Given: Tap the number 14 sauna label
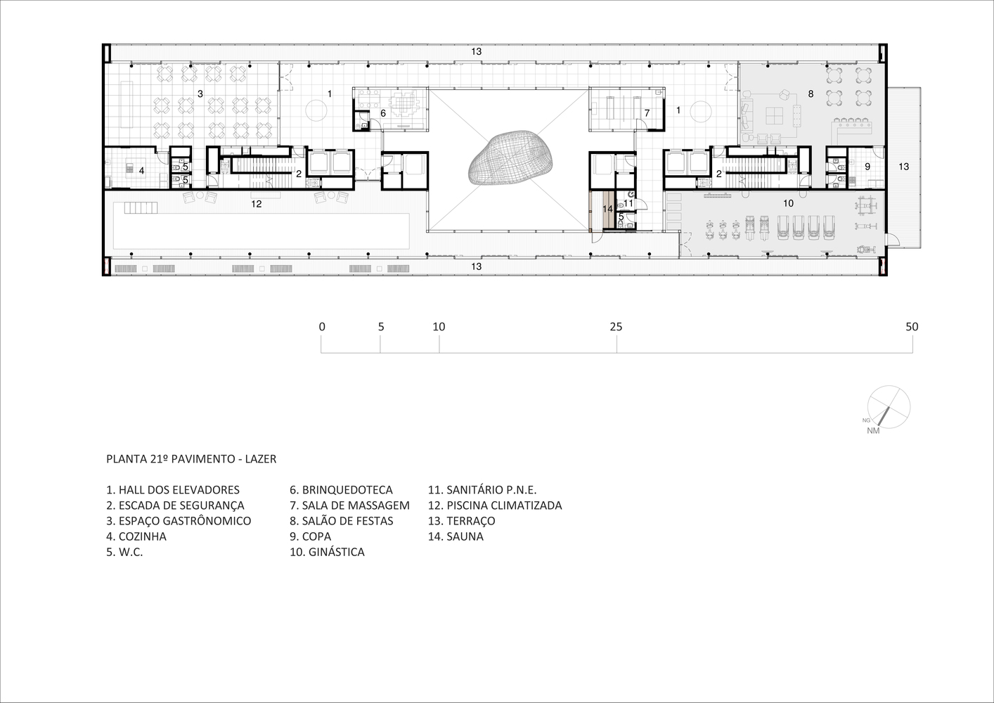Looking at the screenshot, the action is (x=607, y=209).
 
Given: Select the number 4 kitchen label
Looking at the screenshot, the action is (x=141, y=170).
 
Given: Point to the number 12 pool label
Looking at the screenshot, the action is (x=257, y=204).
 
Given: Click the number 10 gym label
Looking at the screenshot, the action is (x=788, y=203).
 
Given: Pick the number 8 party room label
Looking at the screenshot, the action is (x=811, y=93).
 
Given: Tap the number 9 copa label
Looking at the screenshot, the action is (x=867, y=167).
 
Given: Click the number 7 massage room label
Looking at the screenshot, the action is (x=647, y=113).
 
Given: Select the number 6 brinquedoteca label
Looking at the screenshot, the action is (x=383, y=113).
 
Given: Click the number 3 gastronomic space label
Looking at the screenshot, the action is (x=200, y=93).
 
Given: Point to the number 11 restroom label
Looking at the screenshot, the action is (x=628, y=203).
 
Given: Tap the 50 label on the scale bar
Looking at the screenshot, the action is (x=912, y=327).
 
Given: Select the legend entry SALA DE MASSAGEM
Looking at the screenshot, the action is (x=349, y=505).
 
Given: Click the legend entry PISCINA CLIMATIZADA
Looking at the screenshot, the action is (x=495, y=505).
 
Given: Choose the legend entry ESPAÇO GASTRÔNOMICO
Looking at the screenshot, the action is (x=179, y=521).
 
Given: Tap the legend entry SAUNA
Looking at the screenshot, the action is (x=456, y=536).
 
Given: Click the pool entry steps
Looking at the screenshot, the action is (x=141, y=207).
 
